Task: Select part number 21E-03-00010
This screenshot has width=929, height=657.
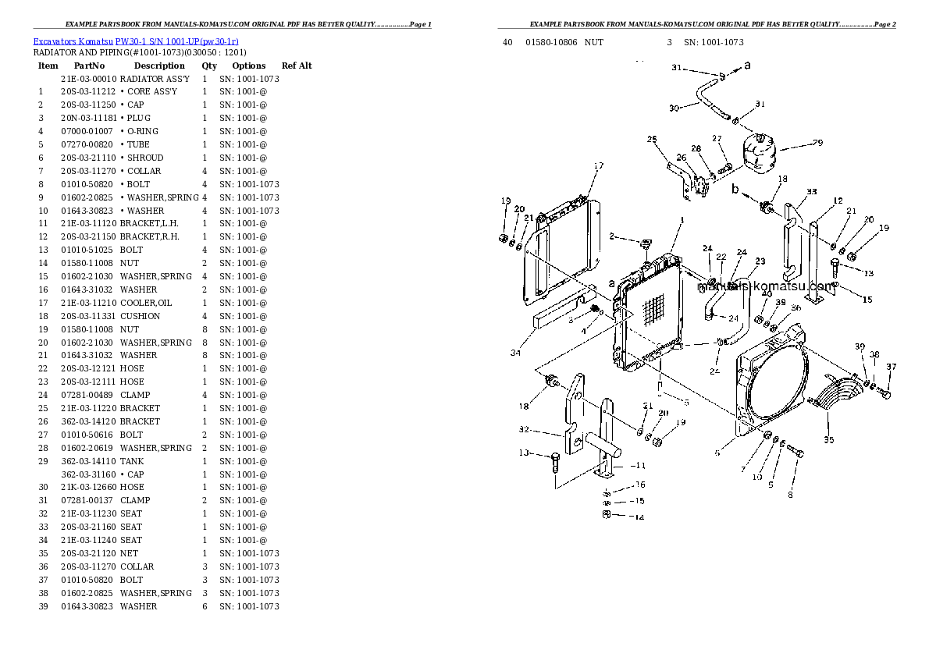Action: [88, 79]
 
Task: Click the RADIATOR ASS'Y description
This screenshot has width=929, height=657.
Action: [155, 79]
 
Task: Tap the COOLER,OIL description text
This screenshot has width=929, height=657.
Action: [146, 303]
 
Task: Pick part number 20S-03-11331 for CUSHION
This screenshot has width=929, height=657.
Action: [88, 316]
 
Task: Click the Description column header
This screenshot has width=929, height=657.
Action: [158, 66]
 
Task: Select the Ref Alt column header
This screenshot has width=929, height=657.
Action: [297, 66]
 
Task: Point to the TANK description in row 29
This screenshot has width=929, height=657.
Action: [132, 461]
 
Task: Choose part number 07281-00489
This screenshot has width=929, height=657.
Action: [88, 395]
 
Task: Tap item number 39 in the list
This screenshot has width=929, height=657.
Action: [43, 606]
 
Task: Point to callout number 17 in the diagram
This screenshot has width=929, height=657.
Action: [599, 165]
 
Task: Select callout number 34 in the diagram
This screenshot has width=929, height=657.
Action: [515, 353]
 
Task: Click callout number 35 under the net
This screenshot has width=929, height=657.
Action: [828, 440]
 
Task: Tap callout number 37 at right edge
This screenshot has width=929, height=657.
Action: [891, 367]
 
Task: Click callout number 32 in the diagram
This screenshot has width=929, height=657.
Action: [524, 429]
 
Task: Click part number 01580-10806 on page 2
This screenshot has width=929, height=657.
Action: [551, 42]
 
